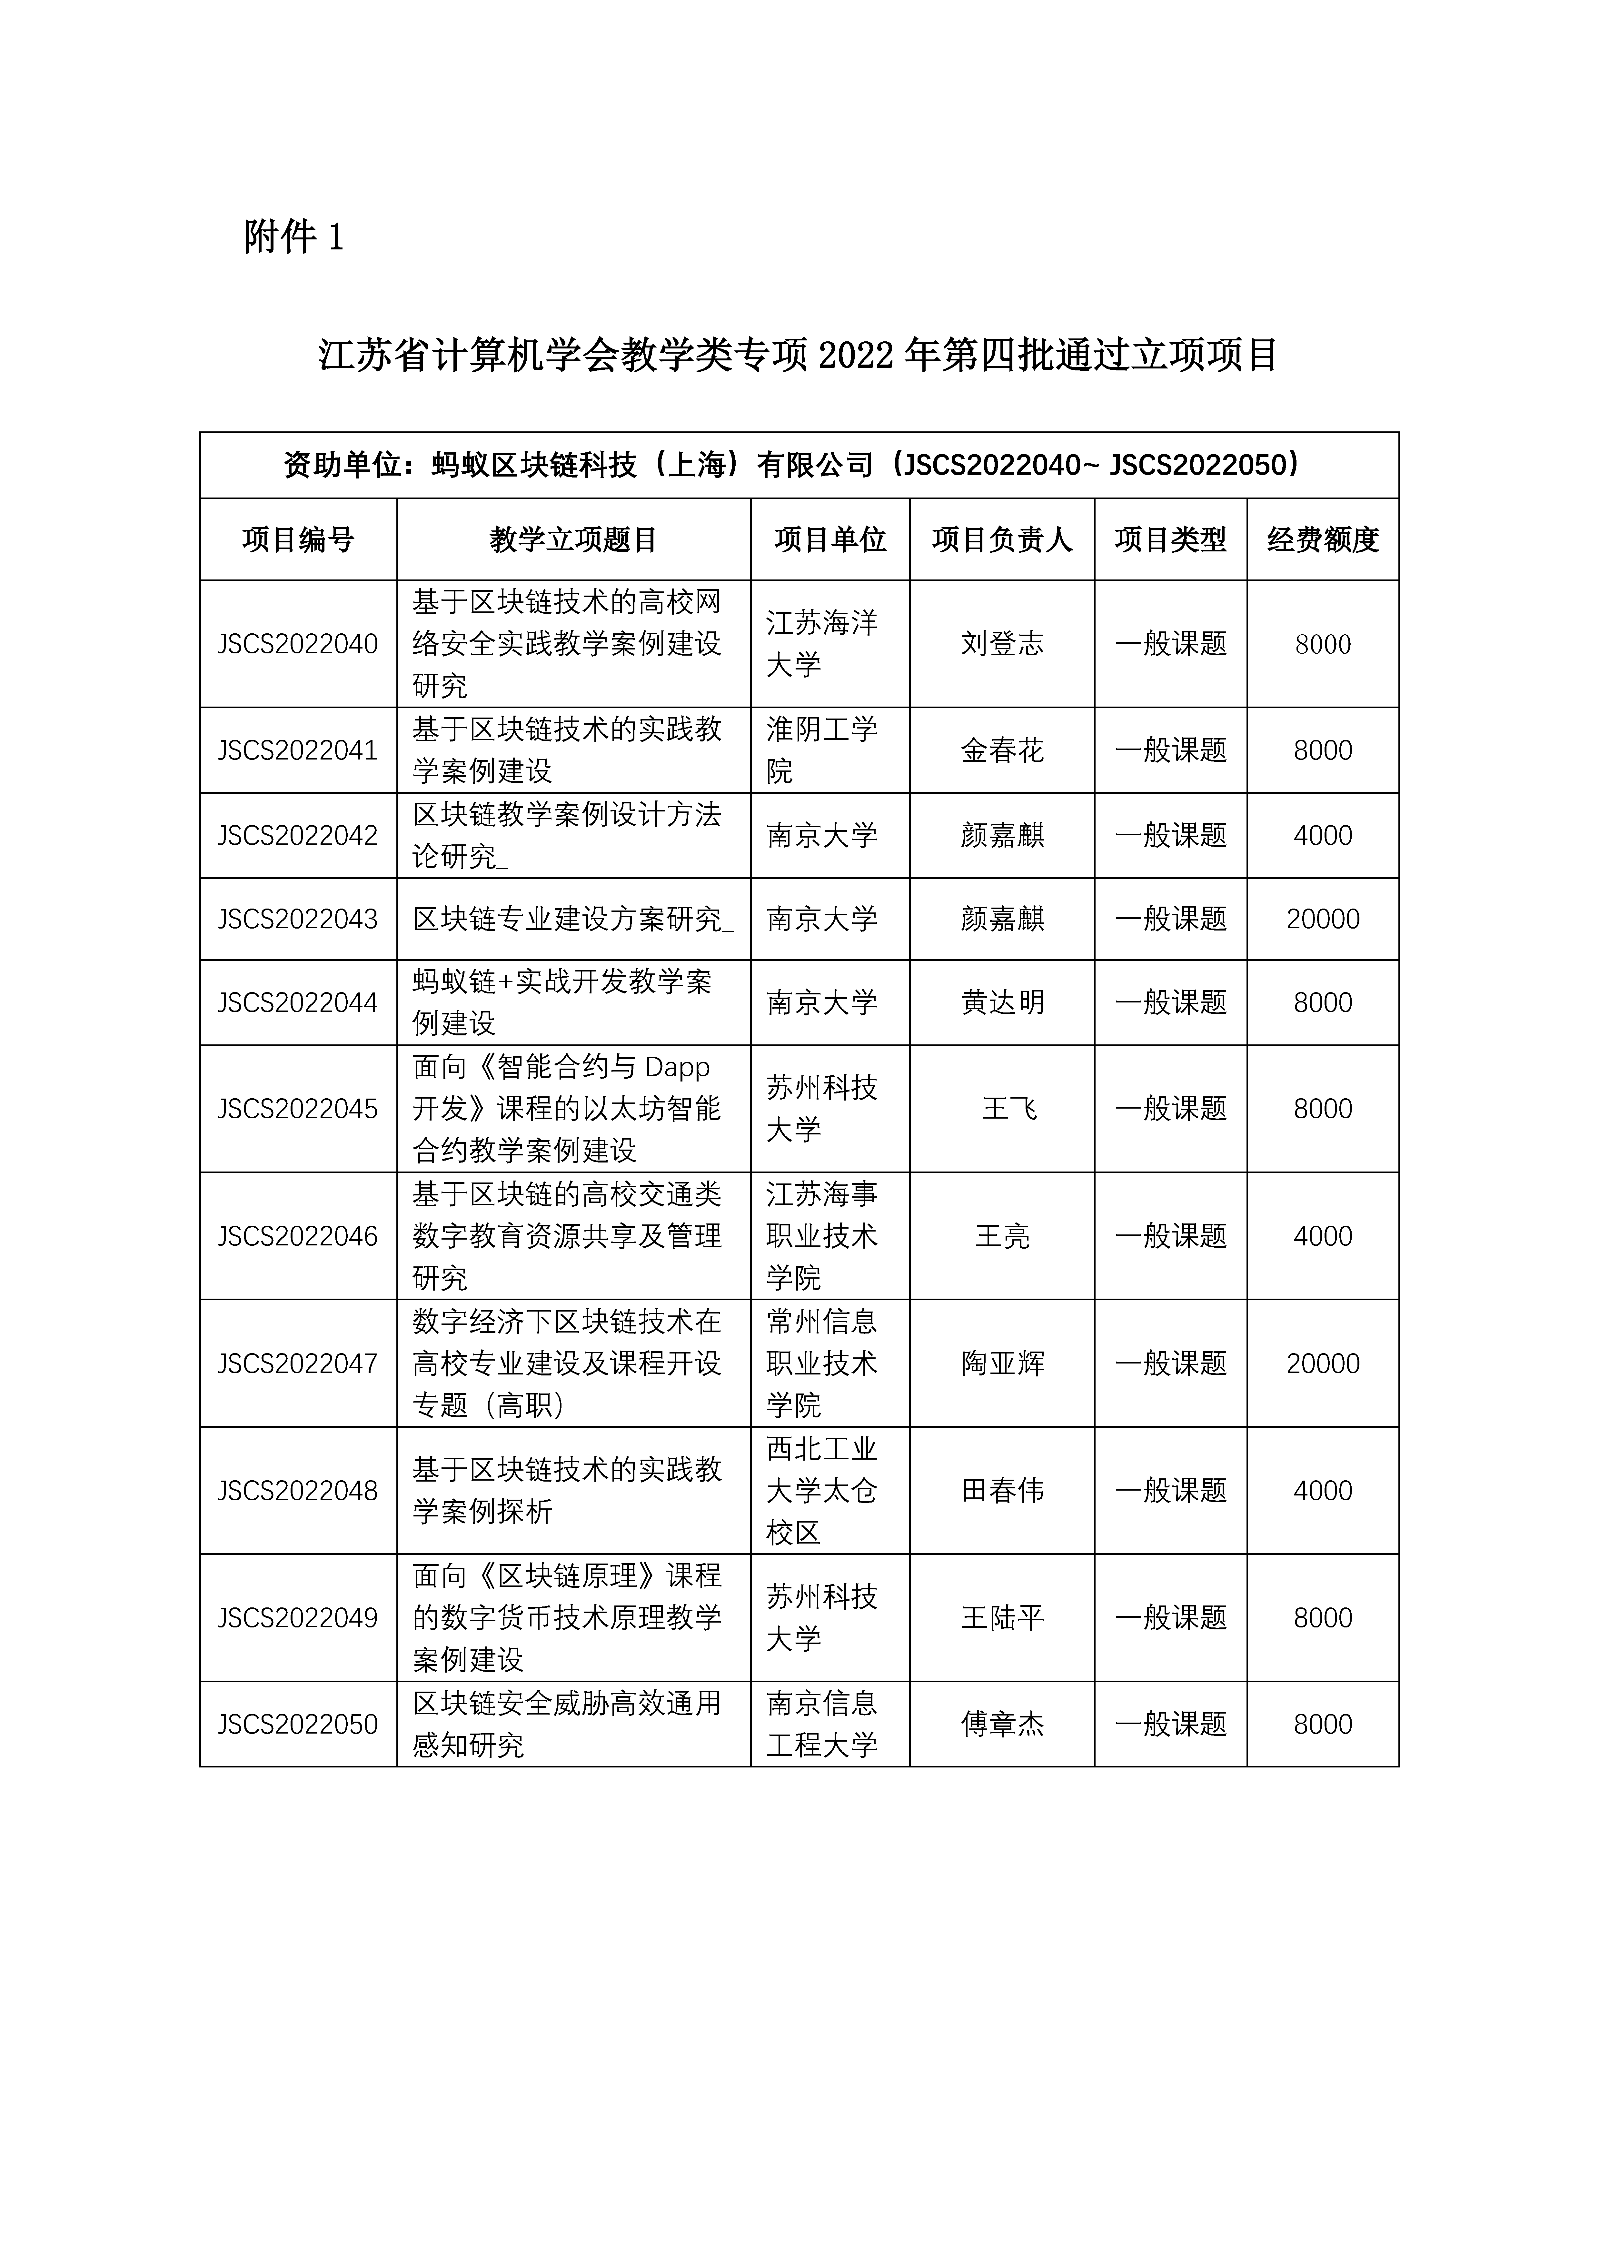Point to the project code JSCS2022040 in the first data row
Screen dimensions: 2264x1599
tap(298, 644)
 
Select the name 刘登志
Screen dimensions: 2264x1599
tap(1002, 644)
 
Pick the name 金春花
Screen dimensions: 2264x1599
tap(1002, 750)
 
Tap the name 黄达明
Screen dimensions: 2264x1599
tap(1002, 1003)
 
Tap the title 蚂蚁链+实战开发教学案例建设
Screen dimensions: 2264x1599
tap(562, 1003)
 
